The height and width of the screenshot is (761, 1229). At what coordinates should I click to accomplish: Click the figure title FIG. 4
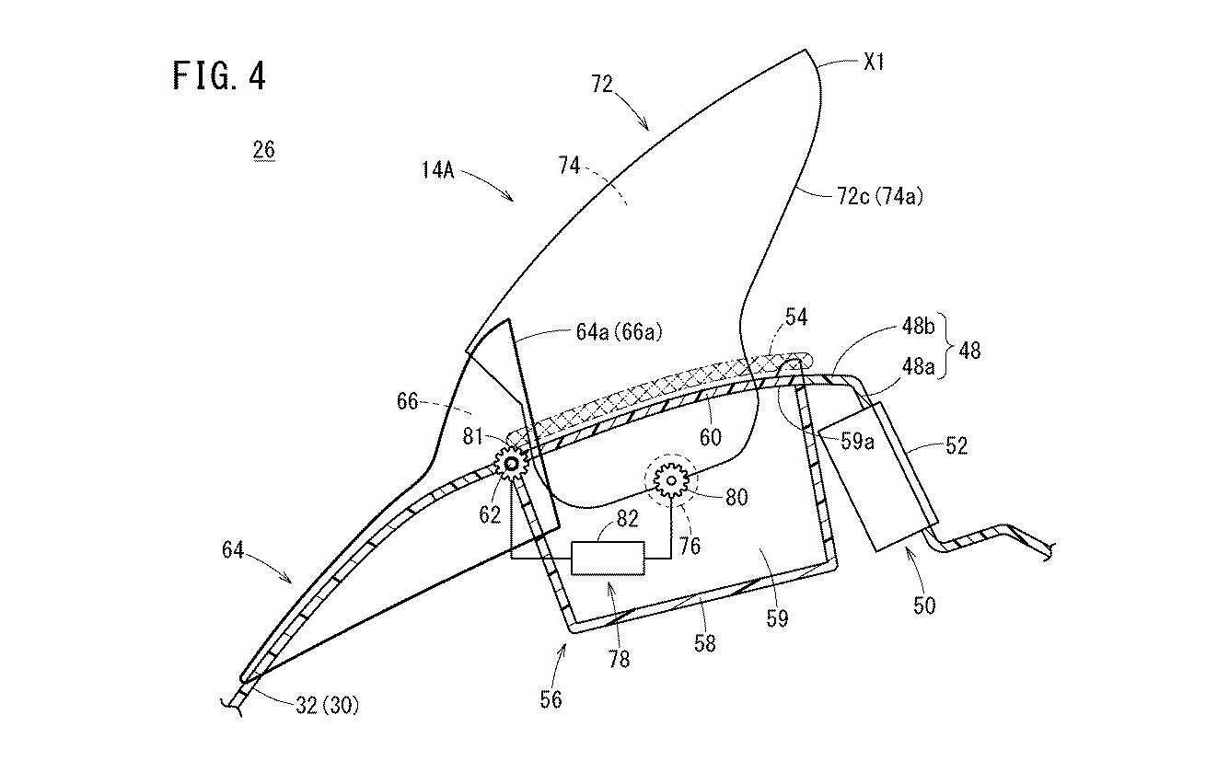click(x=219, y=75)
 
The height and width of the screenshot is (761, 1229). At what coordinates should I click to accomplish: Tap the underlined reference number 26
click(x=264, y=149)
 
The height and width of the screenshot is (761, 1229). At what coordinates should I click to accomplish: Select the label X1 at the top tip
click(x=874, y=62)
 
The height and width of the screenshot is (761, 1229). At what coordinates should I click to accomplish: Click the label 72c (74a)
click(x=880, y=196)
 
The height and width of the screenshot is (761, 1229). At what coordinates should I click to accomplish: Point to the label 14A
click(x=438, y=170)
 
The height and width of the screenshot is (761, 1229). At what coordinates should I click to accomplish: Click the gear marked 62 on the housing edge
click(x=511, y=465)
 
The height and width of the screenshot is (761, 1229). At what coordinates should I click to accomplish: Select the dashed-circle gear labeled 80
click(x=671, y=480)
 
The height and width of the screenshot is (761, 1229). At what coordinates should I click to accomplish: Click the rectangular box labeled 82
click(x=608, y=558)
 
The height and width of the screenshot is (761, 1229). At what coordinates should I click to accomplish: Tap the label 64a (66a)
click(x=619, y=331)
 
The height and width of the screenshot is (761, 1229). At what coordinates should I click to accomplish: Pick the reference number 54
click(x=796, y=317)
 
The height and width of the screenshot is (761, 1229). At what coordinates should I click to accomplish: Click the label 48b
click(x=918, y=328)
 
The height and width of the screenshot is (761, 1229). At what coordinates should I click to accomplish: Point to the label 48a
click(x=918, y=366)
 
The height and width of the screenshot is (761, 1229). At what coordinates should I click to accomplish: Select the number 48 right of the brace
click(x=969, y=350)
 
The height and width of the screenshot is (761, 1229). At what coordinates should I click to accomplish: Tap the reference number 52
click(x=957, y=445)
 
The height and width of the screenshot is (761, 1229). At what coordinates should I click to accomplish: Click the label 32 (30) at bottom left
click(x=328, y=705)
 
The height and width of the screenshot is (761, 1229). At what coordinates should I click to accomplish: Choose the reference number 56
click(x=551, y=699)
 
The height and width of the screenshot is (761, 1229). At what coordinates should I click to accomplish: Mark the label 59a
click(x=857, y=442)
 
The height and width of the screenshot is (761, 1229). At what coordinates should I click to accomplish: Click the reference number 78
click(x=619, y=659)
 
